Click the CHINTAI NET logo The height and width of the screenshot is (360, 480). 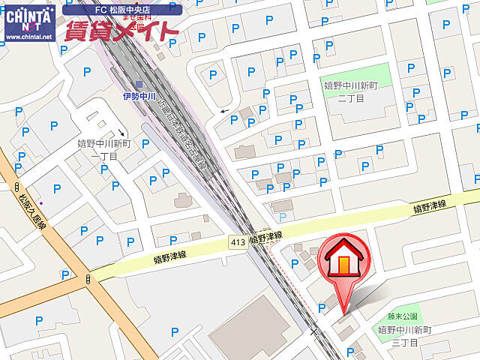point(28,16)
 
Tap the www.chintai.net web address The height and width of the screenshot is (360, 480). point(28,36)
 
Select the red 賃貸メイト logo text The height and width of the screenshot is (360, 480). point(121,31)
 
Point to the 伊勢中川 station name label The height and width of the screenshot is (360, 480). point(139,96)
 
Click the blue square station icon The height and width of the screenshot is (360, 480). point(140,85)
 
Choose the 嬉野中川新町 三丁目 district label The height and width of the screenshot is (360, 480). point(405,336)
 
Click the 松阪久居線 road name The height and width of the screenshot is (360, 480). point(33,213)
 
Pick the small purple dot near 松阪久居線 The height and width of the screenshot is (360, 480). point(41,203)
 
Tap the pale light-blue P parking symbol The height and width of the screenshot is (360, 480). point(282,217)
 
